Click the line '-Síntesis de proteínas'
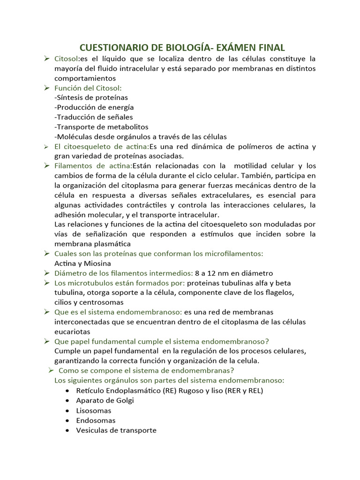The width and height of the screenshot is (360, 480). (x=91, y=97)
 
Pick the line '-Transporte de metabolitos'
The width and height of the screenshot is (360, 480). (x=101, y=127)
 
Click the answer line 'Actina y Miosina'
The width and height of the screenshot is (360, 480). (x=82, y=263)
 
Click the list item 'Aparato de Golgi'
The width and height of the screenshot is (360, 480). (x=105, y=400)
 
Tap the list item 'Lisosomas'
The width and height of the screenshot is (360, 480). (x=94, y=411)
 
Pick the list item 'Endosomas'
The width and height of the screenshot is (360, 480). (x=96, y=420)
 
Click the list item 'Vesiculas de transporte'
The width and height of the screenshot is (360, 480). (x=116, y=430)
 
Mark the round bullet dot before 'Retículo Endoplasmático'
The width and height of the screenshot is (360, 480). (x=69, y=390)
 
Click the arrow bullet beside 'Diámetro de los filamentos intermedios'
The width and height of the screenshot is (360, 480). (x=47, y=273)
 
